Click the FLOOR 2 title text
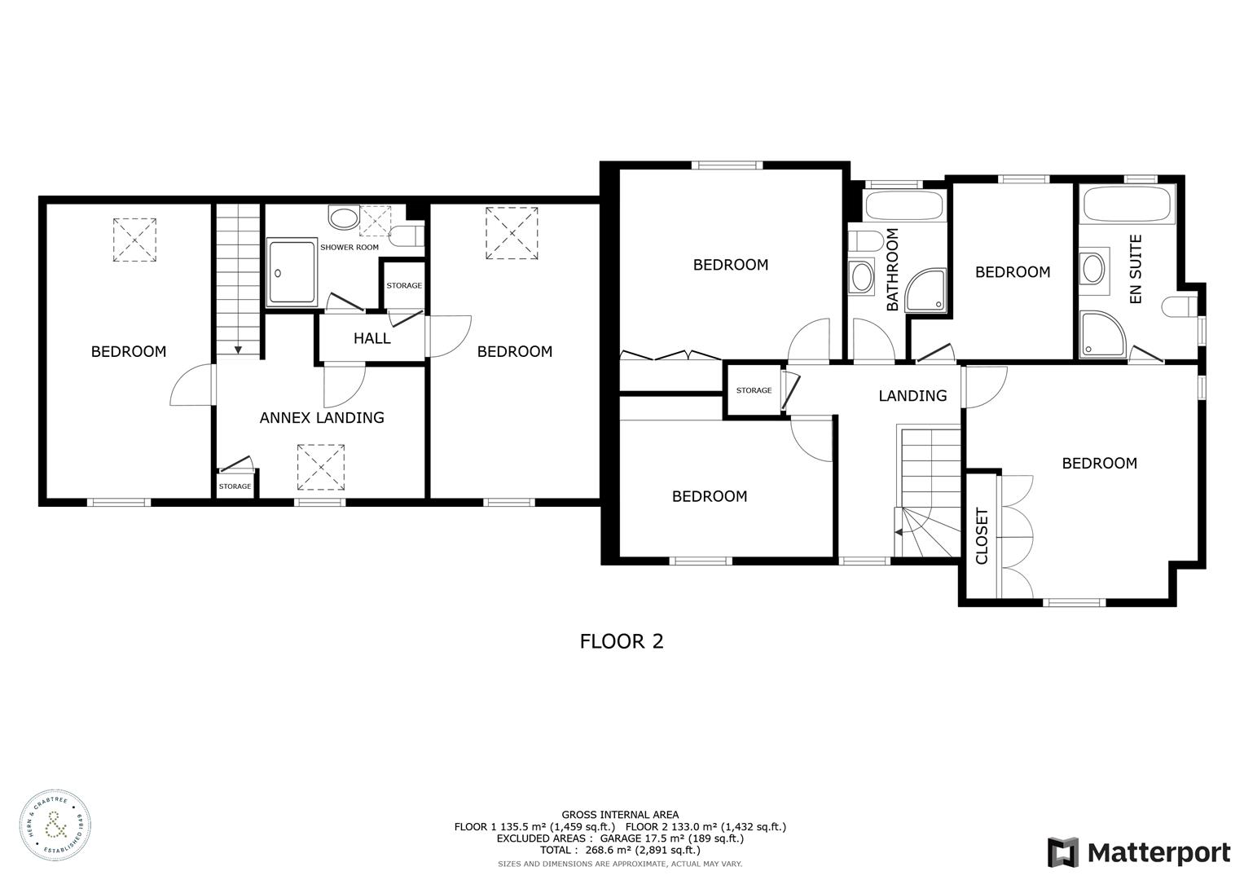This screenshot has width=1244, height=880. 622,641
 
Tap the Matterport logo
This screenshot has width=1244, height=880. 1138,853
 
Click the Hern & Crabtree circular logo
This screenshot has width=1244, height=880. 55,825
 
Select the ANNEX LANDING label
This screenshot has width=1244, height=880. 322,418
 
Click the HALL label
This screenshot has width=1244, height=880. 371,338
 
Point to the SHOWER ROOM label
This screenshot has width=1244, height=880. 349,247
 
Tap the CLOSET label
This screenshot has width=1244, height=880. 982,536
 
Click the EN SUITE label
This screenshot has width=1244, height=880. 1136,269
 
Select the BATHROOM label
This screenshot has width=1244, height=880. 892,270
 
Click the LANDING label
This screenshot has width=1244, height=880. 912,396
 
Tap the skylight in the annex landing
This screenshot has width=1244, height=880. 321,467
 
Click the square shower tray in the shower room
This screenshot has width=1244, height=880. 291,273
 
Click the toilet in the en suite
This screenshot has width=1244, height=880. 1179,307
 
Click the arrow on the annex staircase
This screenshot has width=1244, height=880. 238,349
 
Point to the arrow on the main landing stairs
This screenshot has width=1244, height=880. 899,533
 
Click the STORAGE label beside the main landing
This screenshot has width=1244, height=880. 754,390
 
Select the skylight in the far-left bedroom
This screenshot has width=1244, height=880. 134,240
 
